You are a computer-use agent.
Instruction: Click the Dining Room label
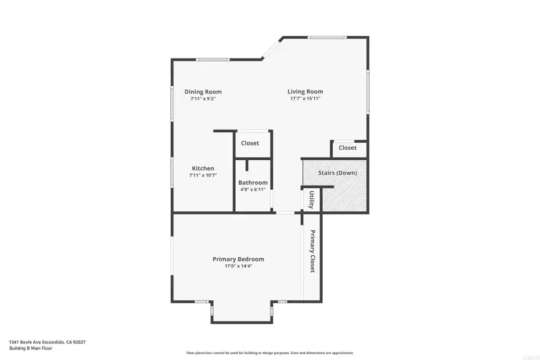point(203,92)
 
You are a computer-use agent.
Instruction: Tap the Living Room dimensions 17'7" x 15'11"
point(305,99)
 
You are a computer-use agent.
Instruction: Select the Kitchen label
point(203,168)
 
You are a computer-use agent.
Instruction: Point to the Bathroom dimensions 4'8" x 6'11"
point(253,190)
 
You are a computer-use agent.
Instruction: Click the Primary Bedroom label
point(238,259)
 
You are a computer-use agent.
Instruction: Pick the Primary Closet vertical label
point(312,251)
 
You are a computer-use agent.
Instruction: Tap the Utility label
point(311,200)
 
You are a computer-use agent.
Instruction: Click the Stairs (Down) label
point(337,173)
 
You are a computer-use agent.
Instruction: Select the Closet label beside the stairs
point(348,148)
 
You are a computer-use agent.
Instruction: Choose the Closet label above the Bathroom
point(250,143)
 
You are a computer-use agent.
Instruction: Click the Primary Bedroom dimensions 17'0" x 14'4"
point(238,266)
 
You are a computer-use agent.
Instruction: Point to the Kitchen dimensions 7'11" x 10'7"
point(203,175)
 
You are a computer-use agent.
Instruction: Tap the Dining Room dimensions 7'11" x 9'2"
point(203,99)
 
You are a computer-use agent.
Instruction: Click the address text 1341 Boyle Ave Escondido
point(37,342)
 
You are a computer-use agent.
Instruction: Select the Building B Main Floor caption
point(31,348)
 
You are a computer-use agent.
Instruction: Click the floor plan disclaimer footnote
point(270,353)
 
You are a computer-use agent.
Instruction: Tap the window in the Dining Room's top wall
point(213,60)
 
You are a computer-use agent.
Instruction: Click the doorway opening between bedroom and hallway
point(285,213)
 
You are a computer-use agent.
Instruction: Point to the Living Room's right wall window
point(368,92)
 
